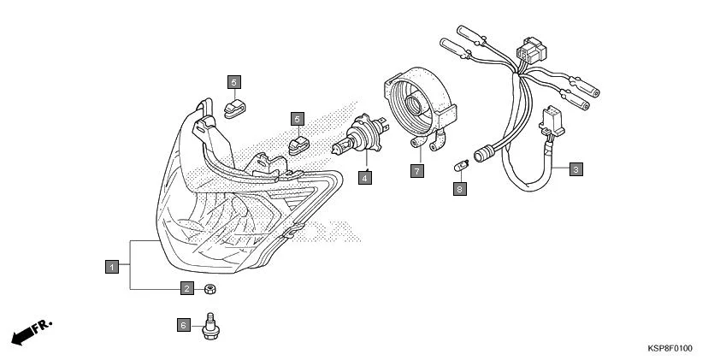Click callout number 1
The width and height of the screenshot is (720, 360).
tap(110, 266)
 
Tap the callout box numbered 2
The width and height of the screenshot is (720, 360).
tap(186, 289)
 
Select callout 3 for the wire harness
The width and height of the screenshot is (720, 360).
tap(575, 169)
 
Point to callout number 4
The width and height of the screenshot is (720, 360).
tap(365, 178)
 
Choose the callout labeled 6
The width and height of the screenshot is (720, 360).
tap(183, 325)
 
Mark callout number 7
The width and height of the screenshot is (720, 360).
tap(416, 171)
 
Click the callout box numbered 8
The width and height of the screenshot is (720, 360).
tap(459, 189)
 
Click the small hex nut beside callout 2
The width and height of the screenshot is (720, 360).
tap(210, 290)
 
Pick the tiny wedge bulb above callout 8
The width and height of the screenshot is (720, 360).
tap(460, 161)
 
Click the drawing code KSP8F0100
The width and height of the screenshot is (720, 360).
tap(670, 348)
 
